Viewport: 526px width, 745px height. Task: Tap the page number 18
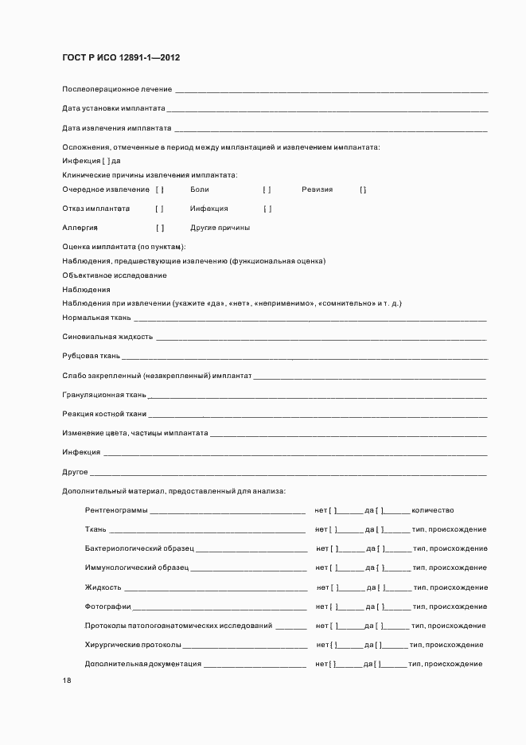click(67, 680)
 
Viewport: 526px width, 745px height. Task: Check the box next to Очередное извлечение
click(160, 189)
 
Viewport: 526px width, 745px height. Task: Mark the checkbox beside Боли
click(267, 189)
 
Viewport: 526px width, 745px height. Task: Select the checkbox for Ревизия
click(363, 189)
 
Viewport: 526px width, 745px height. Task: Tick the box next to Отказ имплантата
click(160, 209)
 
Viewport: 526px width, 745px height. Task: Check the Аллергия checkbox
click(160, 228)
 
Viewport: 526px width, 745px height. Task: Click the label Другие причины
click(220, 228)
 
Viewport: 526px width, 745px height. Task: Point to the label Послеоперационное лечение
click(117, 88)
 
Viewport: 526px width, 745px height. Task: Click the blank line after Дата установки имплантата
click(326, 109)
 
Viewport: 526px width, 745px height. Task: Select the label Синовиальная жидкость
click(107, 337)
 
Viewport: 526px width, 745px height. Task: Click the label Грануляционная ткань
click(103, 395)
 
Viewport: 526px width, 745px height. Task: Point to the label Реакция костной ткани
click(104, 414)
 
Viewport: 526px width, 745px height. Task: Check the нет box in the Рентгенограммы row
click(335, 510)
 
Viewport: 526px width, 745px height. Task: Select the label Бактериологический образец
click(139, 548)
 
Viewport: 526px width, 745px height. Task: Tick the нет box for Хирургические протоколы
click(335, 645)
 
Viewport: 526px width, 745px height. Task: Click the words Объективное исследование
click(115, 275)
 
